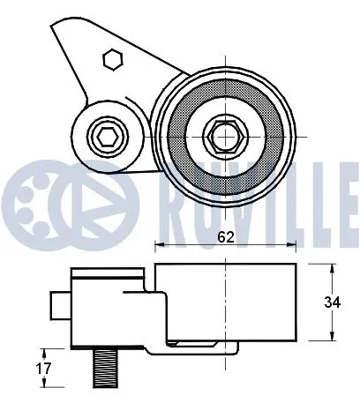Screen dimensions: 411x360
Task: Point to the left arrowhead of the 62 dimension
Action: [x=159, y=245]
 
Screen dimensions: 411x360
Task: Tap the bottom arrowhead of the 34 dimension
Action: [x=332, y=340]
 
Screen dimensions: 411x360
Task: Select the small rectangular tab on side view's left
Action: [x=58, y=305]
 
